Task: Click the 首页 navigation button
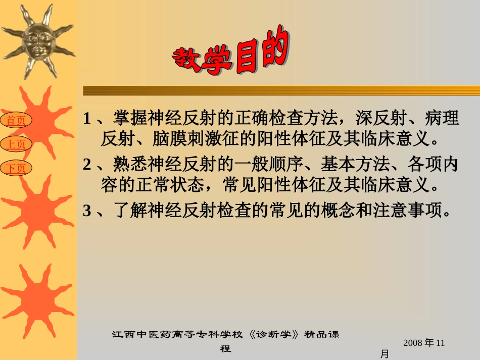(16, 120)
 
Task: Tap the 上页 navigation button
(16, 144)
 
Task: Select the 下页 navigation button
(16, 168)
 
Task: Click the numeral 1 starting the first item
(87, 119)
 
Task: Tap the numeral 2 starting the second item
(87, 165)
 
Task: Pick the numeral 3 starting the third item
(87, 211)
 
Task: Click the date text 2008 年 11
(424, 343)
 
